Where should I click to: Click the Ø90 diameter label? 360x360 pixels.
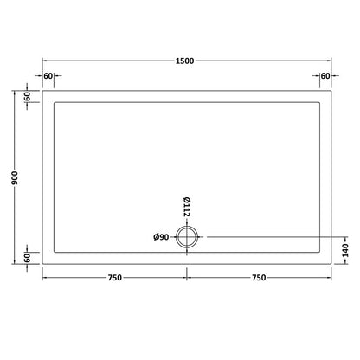(162, 236)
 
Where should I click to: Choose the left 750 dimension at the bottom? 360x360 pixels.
(114, 278)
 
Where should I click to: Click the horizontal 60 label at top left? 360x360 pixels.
(49, 76)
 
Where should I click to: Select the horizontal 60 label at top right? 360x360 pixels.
(325, 76)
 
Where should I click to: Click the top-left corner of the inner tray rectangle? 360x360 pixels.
(55, 103)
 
